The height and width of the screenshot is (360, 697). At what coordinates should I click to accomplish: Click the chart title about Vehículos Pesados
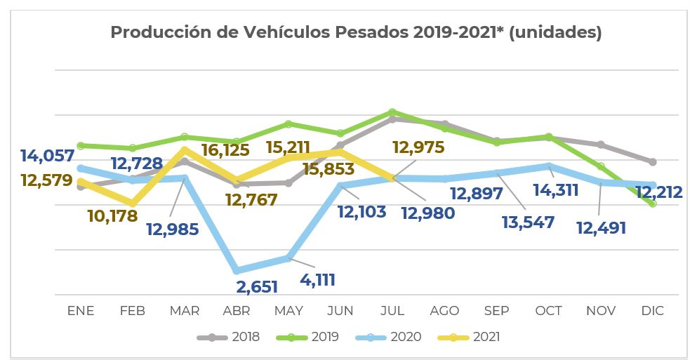[356, 33]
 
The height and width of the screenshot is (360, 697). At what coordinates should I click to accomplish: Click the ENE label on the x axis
[81, 311]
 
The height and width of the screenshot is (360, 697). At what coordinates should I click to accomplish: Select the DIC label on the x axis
[653, 311]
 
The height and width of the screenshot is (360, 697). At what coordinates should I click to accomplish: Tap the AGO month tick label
[444, 311]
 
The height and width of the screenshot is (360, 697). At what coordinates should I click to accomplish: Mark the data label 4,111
[317, 280]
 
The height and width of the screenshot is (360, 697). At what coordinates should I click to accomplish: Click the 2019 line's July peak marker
[392, 112]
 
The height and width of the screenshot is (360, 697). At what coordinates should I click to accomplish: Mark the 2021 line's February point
[133, 204]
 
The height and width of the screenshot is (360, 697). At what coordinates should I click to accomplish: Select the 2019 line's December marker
[653, 204]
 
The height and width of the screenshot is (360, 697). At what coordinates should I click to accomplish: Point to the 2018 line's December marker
[653, 161]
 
